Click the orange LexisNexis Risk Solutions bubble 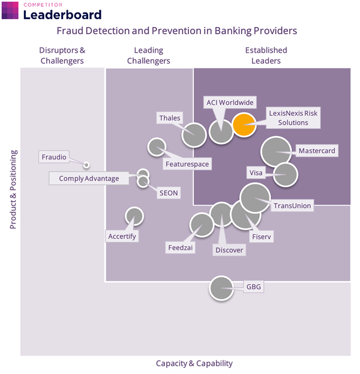tap(244, 125)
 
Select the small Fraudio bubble tap(86, 164)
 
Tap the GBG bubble tap(221, 288)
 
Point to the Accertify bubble tap(134, 216)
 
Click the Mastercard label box tap(316, 150)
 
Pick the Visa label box tap(256, 173)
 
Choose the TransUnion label tap(292, 206)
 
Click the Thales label tap(169, 118)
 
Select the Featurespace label tap(188, 164)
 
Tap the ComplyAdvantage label tap(89, 178)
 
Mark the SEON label tap(167, 193)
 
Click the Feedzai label tap(180, 247)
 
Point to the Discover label tap(229, 250)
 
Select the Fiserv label tap(262, 237)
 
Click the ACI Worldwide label tap(230, 102)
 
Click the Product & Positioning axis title tap(13, 190)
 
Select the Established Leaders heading tap(266, 55)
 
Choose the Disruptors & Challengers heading tap(61, 55)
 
